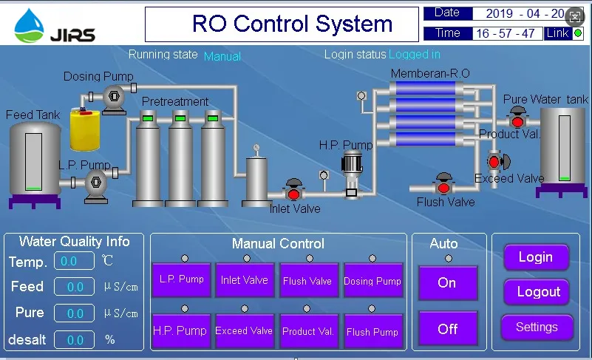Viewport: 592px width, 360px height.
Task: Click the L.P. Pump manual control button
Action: tap(182, 280)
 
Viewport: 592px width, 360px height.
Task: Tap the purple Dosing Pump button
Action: tap(372, 280)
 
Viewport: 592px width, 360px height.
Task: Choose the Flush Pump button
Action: tap(372, 331)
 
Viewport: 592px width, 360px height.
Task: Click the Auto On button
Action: tap(447, 282)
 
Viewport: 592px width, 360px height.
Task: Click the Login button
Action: tap(536, 257)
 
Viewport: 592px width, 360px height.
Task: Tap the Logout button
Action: tap(537, 292)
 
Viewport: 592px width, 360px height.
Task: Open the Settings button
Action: tap(537, 327)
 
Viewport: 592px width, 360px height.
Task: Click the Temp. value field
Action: tap(74, 262)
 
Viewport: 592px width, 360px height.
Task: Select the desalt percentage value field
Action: tap(74, 340)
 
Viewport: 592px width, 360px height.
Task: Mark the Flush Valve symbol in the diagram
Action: tap(443, 184)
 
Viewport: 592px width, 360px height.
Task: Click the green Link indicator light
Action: tap(577, 33)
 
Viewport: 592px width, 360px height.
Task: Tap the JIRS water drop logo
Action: tap(30, 25)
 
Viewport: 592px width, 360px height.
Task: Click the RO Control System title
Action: tap(292, 24)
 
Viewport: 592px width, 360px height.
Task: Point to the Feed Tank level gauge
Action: tap(34, 162)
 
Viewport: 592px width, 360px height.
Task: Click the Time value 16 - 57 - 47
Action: tap(506, 33)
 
